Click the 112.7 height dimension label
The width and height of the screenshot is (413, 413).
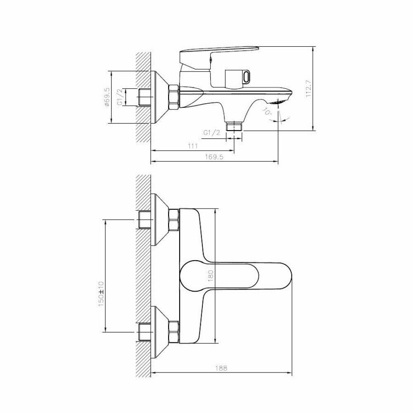309,89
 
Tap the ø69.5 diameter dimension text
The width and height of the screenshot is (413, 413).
107,97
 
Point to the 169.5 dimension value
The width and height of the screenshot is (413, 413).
214,157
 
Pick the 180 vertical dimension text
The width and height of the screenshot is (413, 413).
211,275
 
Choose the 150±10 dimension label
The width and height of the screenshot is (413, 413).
101,294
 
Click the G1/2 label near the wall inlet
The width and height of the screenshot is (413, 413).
120,97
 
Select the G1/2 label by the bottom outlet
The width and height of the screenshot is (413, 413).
211,133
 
